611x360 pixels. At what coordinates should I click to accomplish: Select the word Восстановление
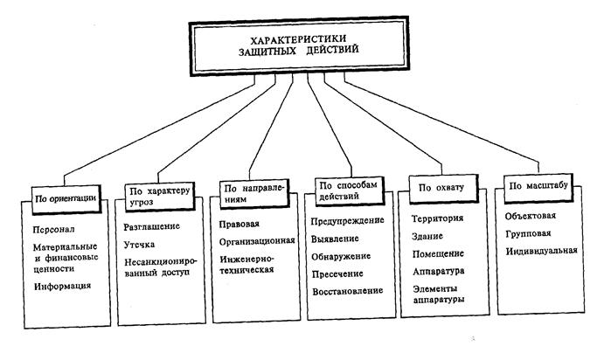pos(348,290)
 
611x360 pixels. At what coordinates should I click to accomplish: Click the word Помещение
pos(437,253)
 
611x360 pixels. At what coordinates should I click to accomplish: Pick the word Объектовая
pos(531,217)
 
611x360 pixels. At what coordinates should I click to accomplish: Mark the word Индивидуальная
pos(542,252)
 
